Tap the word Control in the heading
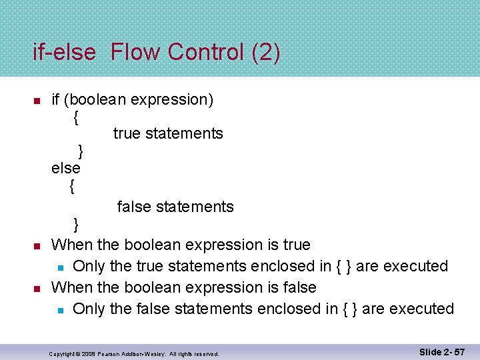(x=207, y=52)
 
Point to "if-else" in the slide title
(x=65, y=52)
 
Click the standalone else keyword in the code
(x=66, y=168)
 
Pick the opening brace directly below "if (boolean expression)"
(x=77, y=117)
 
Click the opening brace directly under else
(x=72, y=187)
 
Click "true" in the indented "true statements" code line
(x=127, y=134)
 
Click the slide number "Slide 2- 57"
(x=442, y=351)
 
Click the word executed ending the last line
(x=421, y=309)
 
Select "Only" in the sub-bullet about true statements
(x=89, y=267)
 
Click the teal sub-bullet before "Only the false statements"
(x=60, y=310)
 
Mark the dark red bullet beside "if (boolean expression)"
(x=37, y=101)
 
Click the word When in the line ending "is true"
(x=71, y=245)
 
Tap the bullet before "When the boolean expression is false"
(x=37, y=289)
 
